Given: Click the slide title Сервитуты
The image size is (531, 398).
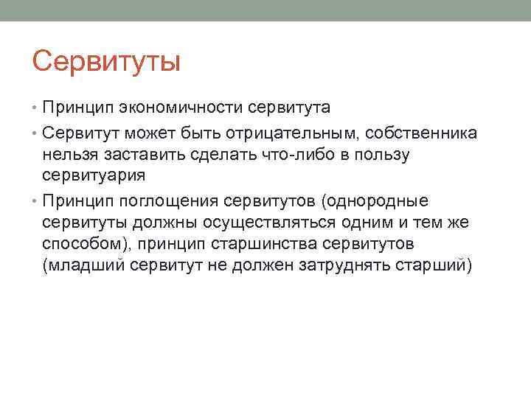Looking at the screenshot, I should (106, 61).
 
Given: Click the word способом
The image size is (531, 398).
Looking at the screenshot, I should (80, 244).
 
